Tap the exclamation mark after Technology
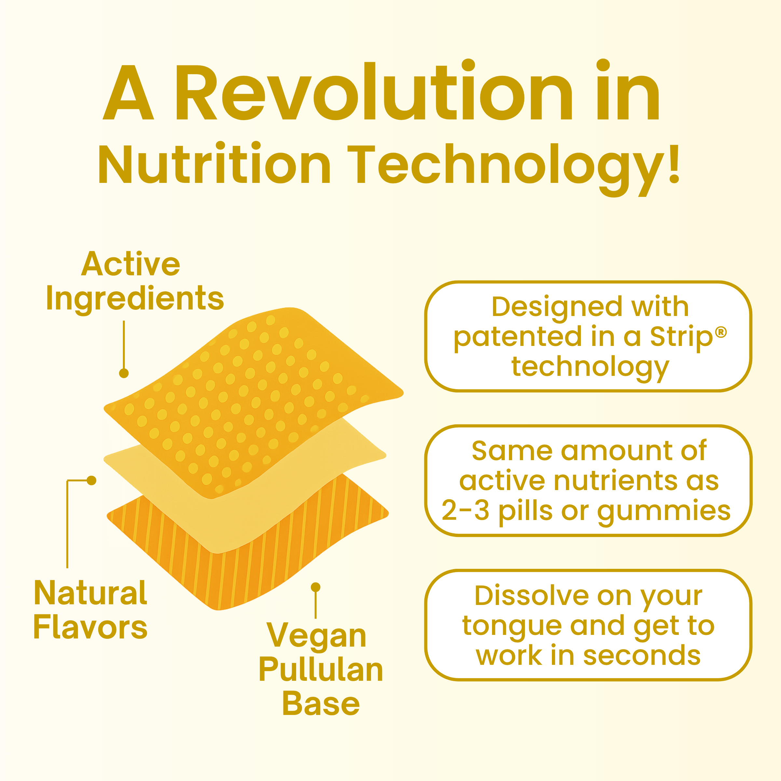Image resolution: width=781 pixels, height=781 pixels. (674, 164)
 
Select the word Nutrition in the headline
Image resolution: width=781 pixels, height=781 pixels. (214, 163)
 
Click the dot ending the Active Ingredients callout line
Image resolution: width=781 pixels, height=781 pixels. (124, 373)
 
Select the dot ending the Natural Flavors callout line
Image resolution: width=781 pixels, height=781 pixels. (92, 480)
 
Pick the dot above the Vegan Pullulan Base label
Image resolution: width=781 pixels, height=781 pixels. (316, 587)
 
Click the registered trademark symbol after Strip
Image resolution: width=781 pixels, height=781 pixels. (721, 332)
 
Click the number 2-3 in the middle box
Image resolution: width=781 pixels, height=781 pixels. (465, 510)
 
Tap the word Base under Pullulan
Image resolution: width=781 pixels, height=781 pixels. (321, 704)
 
